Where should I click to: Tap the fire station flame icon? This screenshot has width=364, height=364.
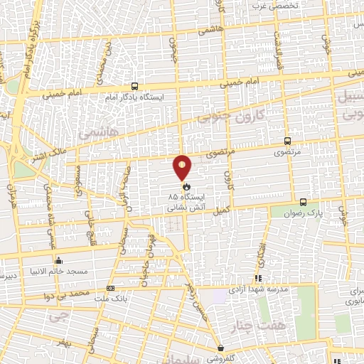click(176, 186)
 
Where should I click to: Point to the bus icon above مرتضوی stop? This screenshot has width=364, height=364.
click(287, 141)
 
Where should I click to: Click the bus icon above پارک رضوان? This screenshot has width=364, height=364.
click(304, 201)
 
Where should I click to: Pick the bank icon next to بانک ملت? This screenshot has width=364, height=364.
click(110, 288)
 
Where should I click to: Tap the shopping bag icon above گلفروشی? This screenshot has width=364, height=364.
click(222, 348)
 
